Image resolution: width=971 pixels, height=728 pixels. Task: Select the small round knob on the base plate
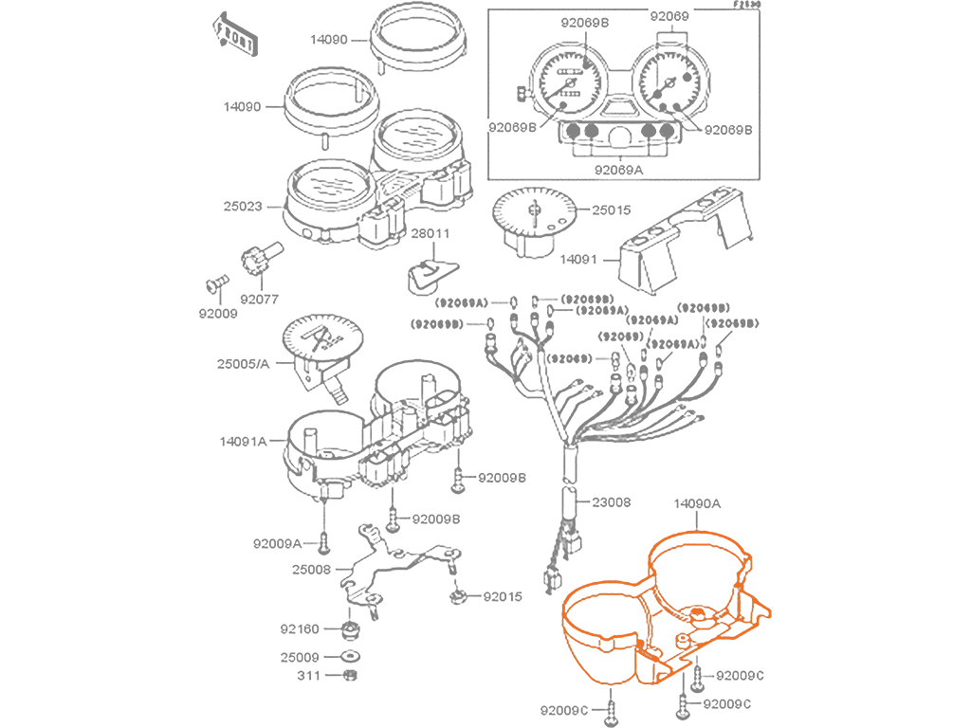coord(681,641)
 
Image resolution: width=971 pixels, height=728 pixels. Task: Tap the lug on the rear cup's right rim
coord(748,565)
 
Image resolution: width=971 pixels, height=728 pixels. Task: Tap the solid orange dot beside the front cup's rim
coord(640,643)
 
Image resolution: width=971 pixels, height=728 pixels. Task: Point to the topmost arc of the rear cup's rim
coord(697,534)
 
